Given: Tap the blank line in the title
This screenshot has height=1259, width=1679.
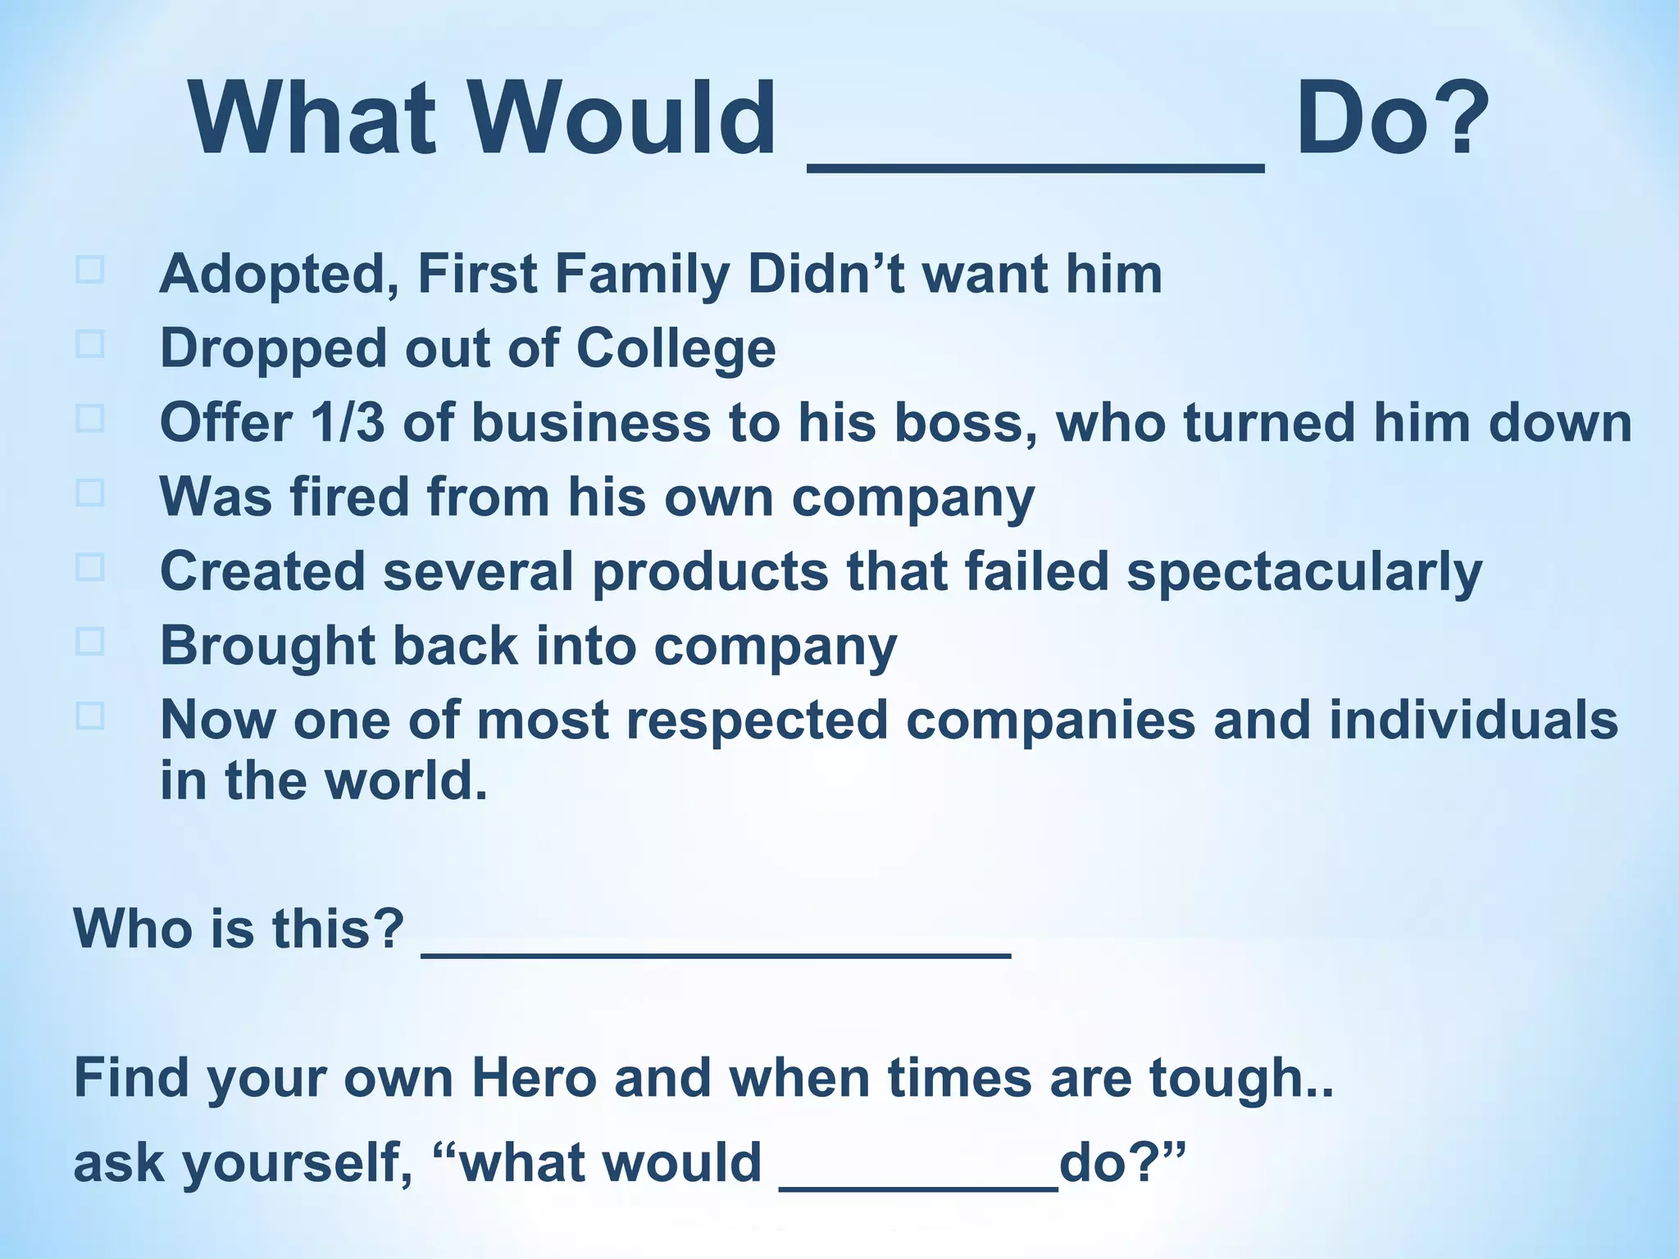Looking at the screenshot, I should [x=1035, y=166].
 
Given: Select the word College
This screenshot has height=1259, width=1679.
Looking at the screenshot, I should [x=676, y=349].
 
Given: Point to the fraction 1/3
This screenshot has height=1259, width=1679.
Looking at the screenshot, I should [x=347, y=423].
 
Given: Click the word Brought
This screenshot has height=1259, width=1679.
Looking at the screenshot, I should [x=267, y=646].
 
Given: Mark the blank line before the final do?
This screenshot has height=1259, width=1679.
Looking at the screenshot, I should [x=918, y=1185].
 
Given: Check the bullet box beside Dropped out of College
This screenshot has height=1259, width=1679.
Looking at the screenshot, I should [x=89, y=343].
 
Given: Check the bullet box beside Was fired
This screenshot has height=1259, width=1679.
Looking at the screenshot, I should [x=89, y=492].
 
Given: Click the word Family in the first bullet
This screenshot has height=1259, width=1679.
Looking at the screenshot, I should [x=642, y=275].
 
